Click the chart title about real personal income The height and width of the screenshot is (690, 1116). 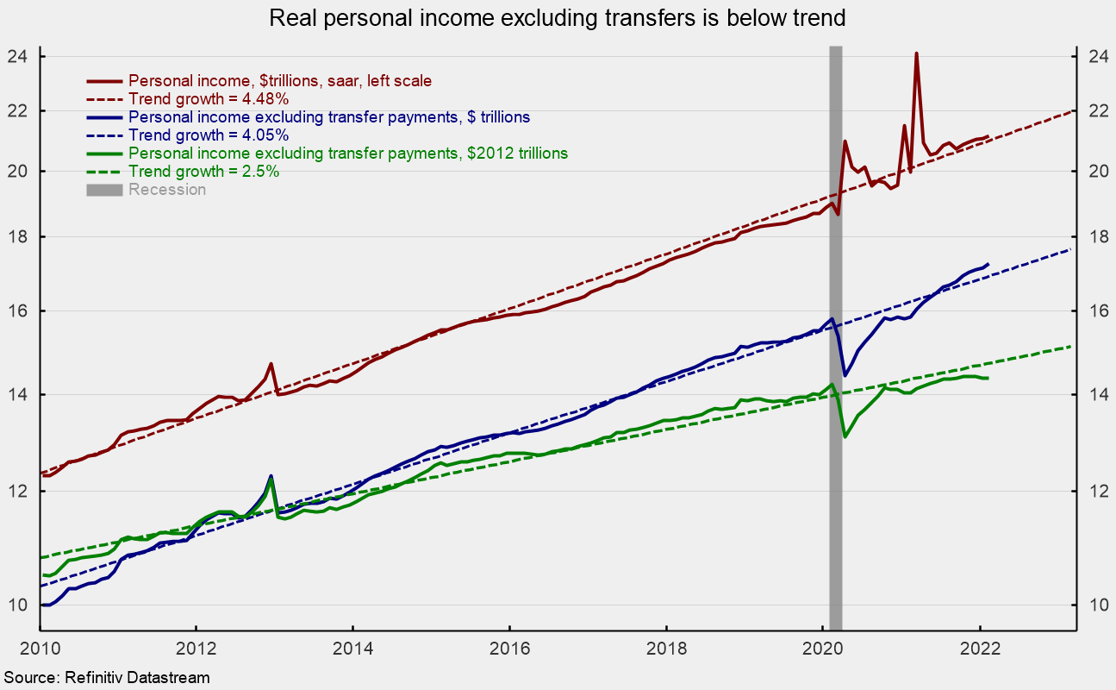558,17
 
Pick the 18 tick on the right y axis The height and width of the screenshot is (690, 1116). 1088,237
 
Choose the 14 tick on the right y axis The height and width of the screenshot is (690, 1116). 1088,395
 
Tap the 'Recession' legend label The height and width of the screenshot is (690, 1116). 167,190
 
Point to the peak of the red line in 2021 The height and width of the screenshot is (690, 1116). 916,53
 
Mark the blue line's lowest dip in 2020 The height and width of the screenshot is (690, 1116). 845,375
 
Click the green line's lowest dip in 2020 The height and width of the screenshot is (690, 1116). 845,436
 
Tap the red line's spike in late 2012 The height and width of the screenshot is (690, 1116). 271,364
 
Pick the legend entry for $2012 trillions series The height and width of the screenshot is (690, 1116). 347,154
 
